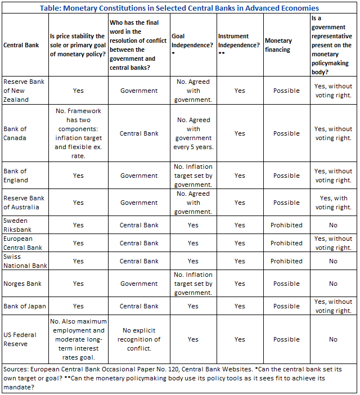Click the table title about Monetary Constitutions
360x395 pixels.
(180, 8)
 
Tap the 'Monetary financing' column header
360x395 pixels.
(278, 45)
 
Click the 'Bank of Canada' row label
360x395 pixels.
(15, 133)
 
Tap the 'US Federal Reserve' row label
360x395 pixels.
(20, 339)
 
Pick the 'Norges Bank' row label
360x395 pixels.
(22, 284)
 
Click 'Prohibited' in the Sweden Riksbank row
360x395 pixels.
(286, 225)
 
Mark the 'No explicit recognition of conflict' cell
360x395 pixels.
(139, 339)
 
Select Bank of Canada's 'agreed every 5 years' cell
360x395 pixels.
(193, 133)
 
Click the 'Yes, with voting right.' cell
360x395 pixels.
(333, 203)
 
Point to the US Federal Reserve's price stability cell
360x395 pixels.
(78, 339)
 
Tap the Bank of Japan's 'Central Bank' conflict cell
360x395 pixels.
(139, 306)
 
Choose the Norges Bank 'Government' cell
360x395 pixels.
(139, 284)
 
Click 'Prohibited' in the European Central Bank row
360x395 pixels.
(286, 243)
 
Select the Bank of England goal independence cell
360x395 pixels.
(193, 176)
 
